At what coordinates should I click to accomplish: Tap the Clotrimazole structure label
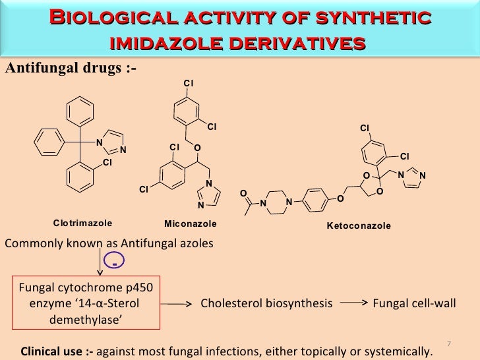coord(83,224)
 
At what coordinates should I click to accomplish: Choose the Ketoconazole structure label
coord(359,225)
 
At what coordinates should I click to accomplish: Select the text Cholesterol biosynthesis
coord(266,304)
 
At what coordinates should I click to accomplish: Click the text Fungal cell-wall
coord(409,304)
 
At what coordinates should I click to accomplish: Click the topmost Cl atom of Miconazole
coord(187,82)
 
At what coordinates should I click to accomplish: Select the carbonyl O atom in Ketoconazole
coord(242,193)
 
